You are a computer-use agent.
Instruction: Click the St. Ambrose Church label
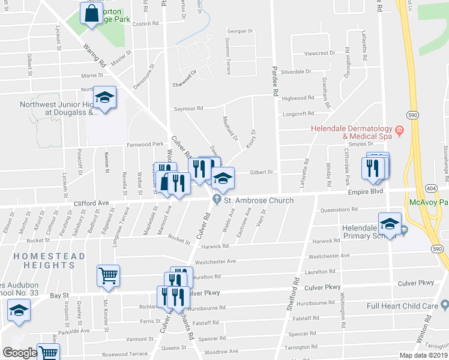258,200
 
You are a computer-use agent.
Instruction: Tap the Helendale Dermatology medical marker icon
398,130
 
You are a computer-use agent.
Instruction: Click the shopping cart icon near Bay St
108,276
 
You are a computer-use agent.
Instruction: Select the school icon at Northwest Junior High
104,98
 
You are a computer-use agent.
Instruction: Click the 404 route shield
431,188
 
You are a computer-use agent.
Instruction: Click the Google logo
19,353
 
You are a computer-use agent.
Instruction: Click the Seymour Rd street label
188,109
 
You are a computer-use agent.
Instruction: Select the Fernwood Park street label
145,145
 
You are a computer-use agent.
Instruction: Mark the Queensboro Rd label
339,209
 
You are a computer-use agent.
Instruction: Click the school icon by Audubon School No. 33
19,311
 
